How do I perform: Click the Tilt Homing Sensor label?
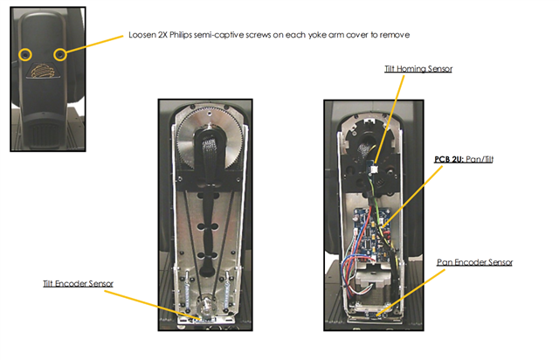pos(418,68)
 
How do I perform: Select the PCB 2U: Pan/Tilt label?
pos(464,159)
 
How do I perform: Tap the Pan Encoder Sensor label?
pos(474,262)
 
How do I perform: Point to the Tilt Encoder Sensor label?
pos(78,284)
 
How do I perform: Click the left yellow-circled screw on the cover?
pos(25,54)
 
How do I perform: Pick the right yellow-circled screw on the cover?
pos(60,54)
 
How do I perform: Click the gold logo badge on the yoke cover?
pos(43,70)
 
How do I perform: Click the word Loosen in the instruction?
pos(141,35)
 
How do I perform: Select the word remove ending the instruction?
pos(395,35)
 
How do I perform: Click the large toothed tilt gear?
pos(210,140)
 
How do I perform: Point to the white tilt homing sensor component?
pos(374,170)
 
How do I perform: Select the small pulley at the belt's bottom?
pos(206,306)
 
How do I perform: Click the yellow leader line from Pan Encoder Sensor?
pos(411,293)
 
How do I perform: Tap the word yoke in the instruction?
pos(317,35)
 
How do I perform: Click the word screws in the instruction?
pos(258,35)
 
